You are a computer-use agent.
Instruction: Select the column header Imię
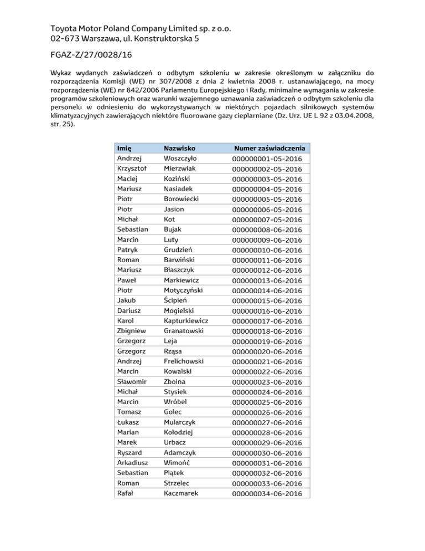[x=125, y=148]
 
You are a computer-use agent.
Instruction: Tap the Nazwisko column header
[x=180, y=148]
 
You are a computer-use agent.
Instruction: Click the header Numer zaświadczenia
[x=270, y=148]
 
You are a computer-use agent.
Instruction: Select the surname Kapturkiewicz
[x=186, y=320]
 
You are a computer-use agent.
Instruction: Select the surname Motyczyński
[x=184, y=290]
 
